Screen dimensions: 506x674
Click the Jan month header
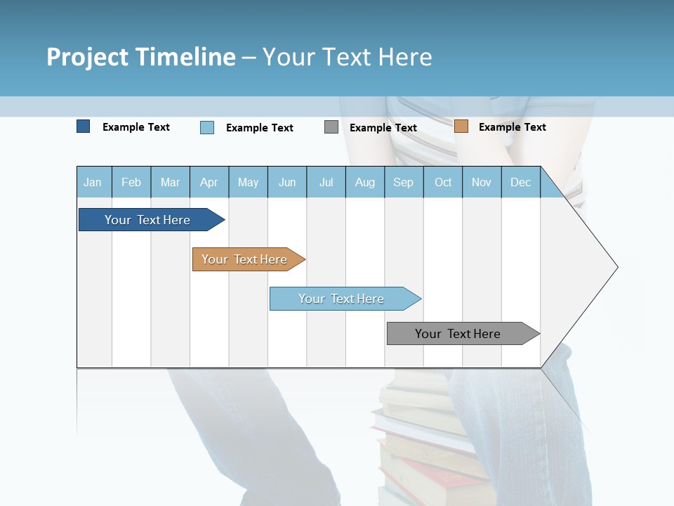[x=93, y=182]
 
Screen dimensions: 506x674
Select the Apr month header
[x=209, y=182]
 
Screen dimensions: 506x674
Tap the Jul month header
[x=326, y=182]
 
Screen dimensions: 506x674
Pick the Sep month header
[x=403, y=182]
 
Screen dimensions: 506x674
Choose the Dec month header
[x=520, y=182]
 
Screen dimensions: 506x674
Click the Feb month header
[x=131, y=182]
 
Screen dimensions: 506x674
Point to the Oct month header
[x=443, y=182]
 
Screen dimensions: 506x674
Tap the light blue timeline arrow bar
[x=342, y=299]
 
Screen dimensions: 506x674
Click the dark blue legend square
[x=83, y=126]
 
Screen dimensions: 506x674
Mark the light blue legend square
[x=207, y=127]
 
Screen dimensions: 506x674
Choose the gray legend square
[x=331, y=127]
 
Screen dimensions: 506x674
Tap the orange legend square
[x=461, y=126]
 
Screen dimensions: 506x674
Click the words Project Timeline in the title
[x=141, y=57]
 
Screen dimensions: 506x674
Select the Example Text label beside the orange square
[x=512, y=127]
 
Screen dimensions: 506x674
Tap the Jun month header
[x=287, y=182]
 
